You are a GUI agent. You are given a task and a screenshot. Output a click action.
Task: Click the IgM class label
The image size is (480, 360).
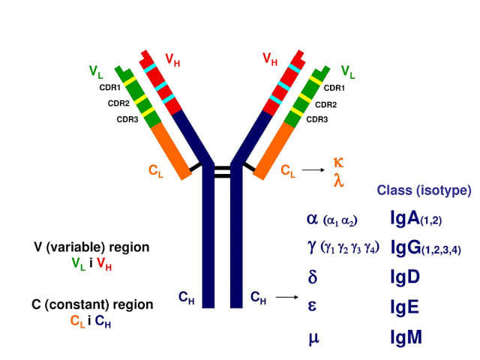pos(406,337)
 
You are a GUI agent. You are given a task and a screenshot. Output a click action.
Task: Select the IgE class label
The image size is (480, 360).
pos(405,307)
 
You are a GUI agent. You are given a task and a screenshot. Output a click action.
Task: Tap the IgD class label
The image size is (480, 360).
pos(405,276)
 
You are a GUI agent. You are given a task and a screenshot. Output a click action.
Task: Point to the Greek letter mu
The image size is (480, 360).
pos(313,338)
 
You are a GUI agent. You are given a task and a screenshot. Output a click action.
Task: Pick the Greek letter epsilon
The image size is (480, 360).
pos(313,307)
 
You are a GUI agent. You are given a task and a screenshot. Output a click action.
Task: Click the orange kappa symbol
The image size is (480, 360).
pos(338,162)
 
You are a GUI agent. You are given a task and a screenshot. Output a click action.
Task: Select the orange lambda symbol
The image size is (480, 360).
pos(338,179)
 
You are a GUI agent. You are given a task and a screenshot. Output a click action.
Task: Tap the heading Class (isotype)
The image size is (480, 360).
pos(424,190)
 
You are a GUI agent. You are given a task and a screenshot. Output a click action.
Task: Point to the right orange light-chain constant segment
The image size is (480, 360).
pos(277,150)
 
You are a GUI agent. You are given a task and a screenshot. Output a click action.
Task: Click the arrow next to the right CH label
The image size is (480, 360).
pos(284,298)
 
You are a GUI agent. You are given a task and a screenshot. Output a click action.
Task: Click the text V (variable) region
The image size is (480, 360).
pos(91,247)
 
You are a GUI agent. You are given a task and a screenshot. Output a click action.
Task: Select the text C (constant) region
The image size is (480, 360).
pos(91,305)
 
